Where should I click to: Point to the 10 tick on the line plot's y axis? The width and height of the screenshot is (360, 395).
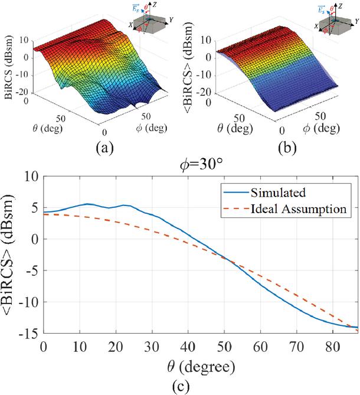pyautogui.click(x=33, y=177)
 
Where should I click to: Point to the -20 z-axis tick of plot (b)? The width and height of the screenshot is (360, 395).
pyautogui.click(x=205, y=94)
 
